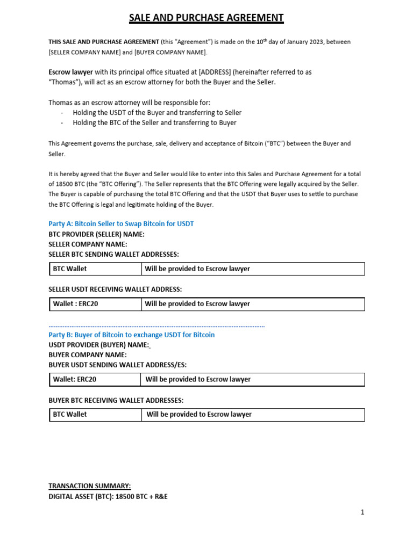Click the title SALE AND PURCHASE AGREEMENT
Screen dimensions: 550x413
click(206, 18)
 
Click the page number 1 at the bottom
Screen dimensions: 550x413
click(362, 512)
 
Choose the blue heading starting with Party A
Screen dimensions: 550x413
click(121, 223)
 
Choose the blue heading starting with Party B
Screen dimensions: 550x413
click(131, 335)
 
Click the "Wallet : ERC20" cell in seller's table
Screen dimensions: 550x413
click(75, 304)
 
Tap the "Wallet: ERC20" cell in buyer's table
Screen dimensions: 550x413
click(75, 379)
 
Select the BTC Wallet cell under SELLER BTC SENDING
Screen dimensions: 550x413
click(70, 269)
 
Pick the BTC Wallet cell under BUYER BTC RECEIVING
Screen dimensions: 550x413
click(70, 414)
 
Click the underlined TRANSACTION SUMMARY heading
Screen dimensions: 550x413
click(89, 486)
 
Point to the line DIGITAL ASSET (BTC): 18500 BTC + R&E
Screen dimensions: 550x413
click(108, 496)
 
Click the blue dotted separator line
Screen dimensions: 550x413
click(156, 325)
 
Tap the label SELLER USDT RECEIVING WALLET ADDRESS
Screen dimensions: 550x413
click(115, 289)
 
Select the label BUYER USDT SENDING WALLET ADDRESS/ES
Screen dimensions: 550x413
click(118, 365)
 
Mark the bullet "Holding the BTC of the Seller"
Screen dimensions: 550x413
click(154, 122)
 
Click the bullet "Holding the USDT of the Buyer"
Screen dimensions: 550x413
click(157, 113)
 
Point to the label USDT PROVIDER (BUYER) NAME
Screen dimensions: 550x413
click(98, 345)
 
